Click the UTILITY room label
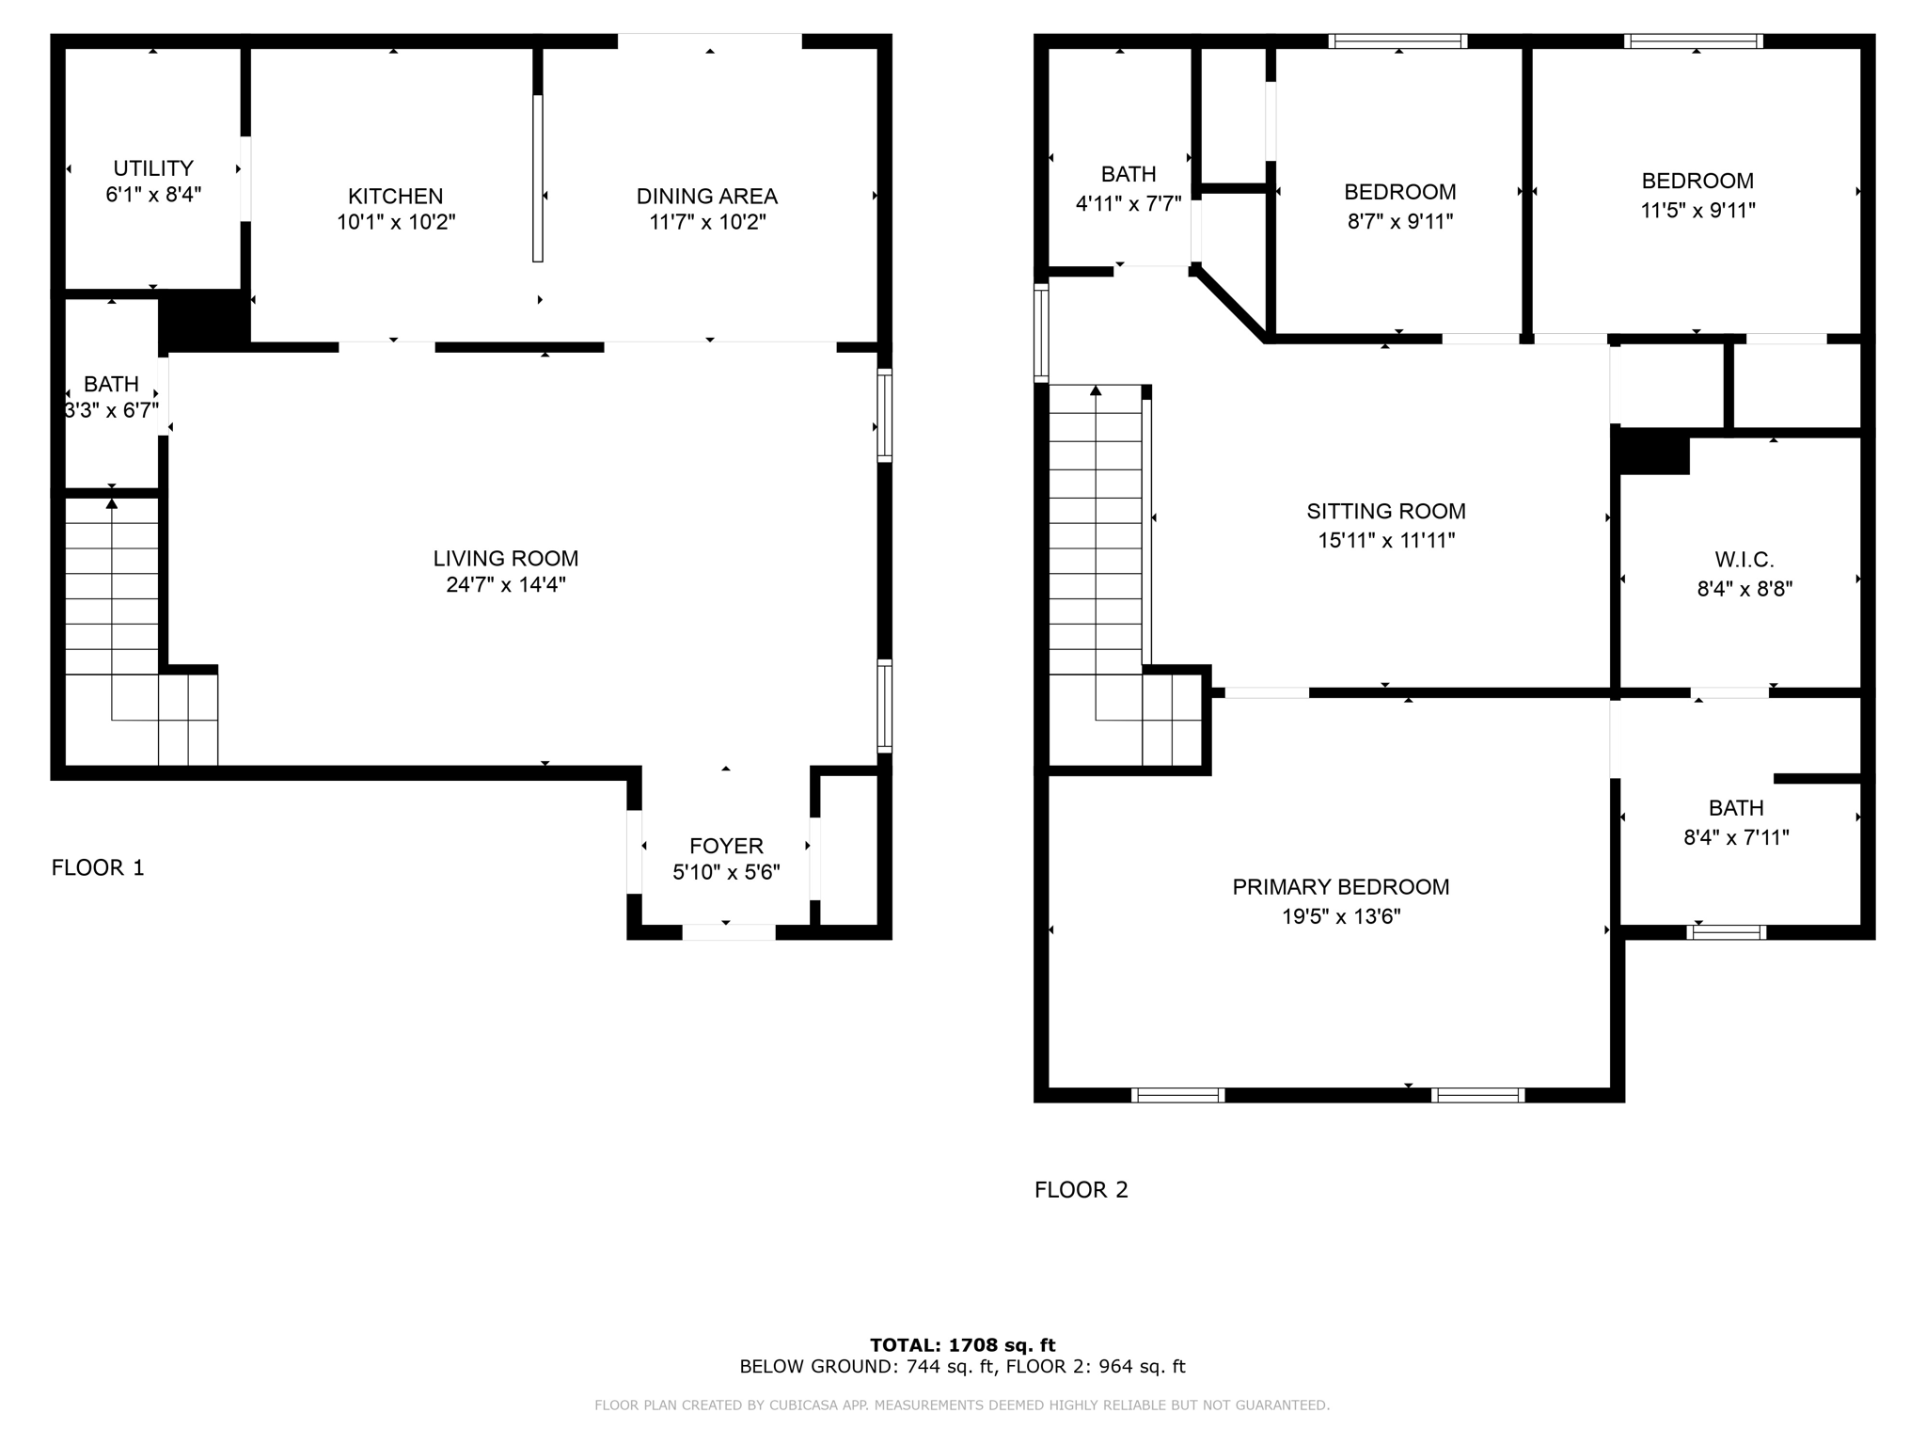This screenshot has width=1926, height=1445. click(153, 168)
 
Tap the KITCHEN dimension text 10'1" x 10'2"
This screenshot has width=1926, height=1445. click(396, 223)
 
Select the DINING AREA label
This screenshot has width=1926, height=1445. click(706, 196)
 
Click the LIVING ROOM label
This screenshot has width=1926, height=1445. click(505, 558)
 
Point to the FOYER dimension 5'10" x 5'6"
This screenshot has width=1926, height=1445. click(726, 873)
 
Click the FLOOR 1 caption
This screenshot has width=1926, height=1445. click(98, 867)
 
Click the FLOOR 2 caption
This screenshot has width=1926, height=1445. click(1081, 1190)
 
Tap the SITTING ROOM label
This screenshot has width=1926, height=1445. click(1385, 511)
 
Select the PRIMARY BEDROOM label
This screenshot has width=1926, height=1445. click(1340, 886)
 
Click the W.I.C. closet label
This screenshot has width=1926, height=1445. click(1744, 560)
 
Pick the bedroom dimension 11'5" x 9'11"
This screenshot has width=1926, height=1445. click(1697, 211)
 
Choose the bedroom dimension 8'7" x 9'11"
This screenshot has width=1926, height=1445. click(1399, 222)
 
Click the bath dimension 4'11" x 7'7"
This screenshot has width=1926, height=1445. click(1128, 204)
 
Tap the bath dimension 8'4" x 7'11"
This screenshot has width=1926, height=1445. click(1735, 837)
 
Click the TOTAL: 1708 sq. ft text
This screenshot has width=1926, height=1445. click(962, 1345)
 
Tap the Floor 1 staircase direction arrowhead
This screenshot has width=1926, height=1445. click(112, 504)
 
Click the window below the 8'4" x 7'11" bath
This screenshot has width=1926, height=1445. click(1727, 932)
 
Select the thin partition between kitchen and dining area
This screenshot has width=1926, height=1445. click(538, 179)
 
